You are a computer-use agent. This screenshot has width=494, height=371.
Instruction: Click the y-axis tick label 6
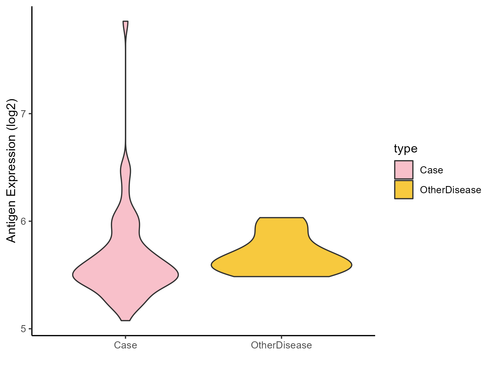(x=23, y=221)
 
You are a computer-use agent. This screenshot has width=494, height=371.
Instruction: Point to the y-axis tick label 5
(x=23, y=329)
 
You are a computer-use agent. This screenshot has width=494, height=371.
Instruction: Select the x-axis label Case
(x=125, y=345)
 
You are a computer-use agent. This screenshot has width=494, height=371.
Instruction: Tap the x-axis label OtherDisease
(x=281, y=345)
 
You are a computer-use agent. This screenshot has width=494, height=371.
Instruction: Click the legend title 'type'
(x=405, y=149)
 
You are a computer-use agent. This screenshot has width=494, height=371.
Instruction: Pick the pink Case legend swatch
(x=404, y=170)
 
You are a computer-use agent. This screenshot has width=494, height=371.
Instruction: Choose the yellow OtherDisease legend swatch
(x=404, y=190)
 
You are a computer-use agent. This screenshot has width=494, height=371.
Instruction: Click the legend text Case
(x=431, y=170)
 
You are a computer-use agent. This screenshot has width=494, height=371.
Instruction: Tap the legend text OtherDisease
(x=450, y=190)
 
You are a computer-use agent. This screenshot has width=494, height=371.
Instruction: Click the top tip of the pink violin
(x=125, y=21)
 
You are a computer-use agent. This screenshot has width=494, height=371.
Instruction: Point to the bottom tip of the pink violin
(x=125, y=320)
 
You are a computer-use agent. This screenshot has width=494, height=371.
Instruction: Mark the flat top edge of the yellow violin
(x=281, y=218)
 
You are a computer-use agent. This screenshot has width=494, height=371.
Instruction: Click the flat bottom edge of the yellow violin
(x=281, y=276)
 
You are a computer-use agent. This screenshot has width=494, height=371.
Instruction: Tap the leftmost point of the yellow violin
(x=212, y=265)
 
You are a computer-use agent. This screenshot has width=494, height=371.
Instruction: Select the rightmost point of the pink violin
(x=178, y=275)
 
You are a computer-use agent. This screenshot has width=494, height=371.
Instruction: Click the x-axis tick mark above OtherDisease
(x=281, y=337)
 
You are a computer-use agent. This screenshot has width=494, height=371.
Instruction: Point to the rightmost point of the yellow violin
(x=352, y=265)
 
